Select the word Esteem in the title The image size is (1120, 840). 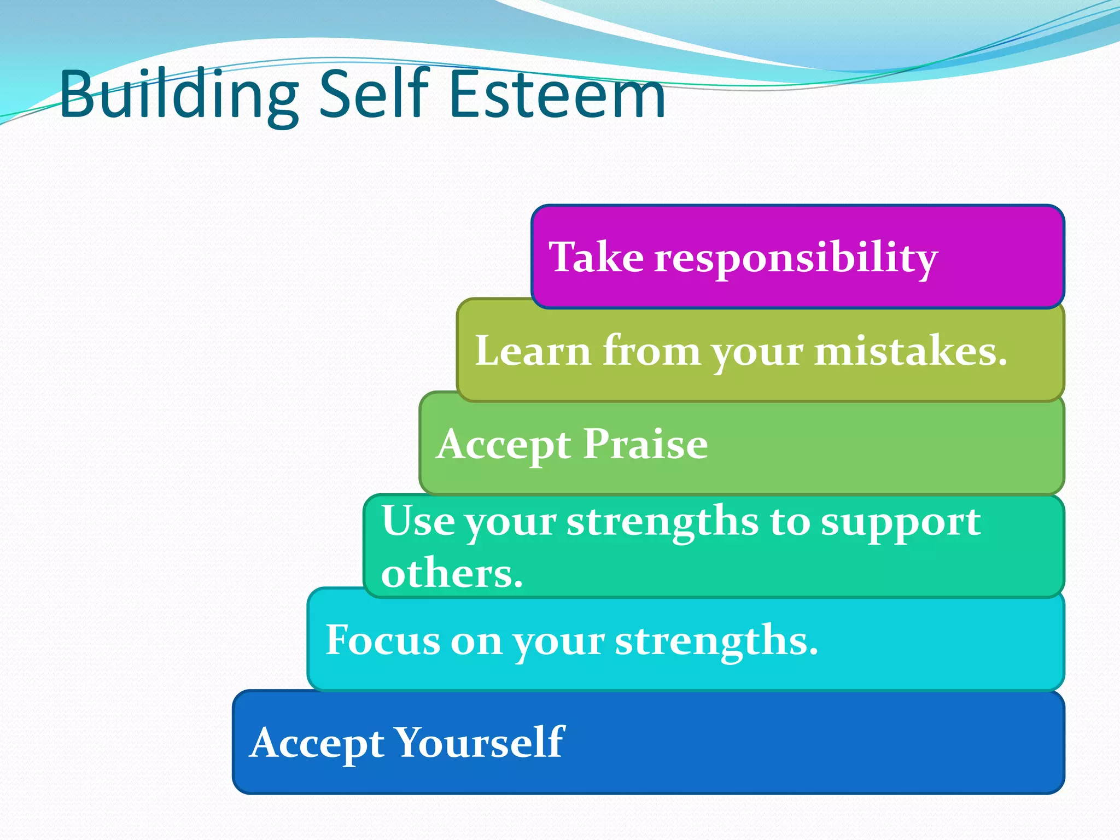click(x=557, y=94)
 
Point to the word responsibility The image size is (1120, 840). click(x=796, y=258)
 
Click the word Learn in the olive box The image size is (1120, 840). click(x=533, y=351)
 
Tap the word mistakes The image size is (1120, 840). click(x=911, y=351)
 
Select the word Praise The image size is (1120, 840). click(x=645, y=444)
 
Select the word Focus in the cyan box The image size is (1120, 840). click(x=382, y=640)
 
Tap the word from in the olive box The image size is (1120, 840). click(x=651, y=351)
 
